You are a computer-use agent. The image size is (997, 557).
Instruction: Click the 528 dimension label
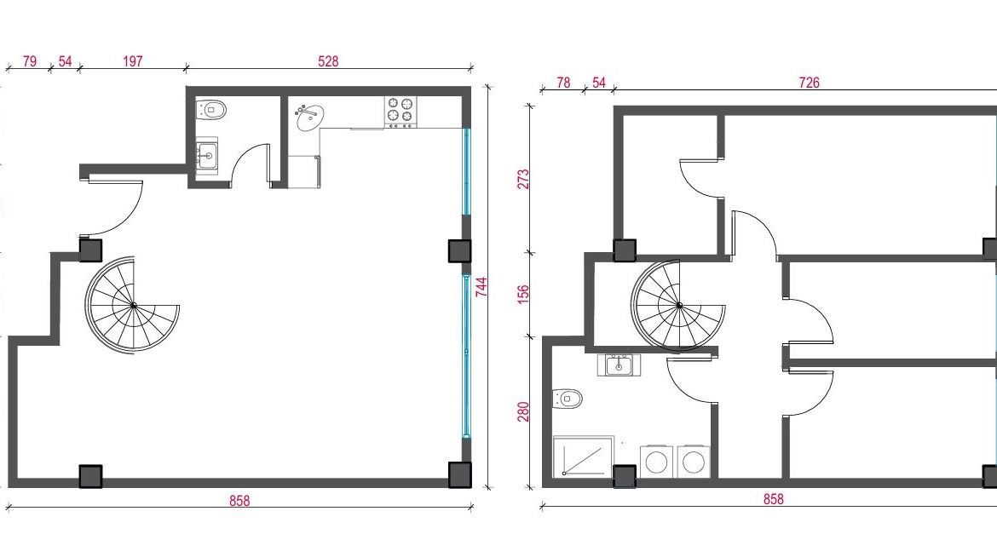pos(328,61)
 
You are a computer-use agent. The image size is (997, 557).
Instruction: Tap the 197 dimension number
pos(132,61)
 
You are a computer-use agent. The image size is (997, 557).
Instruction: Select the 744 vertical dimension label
pos(481,286)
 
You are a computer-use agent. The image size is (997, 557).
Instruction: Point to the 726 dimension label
pos(809,82)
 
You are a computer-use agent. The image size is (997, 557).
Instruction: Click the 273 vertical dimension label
pos(523,180)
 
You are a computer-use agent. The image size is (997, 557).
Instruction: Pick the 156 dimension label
pos(523,294)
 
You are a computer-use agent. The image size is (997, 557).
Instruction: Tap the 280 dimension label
pos(523,411)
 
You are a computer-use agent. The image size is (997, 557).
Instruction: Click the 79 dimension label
pos(29,61)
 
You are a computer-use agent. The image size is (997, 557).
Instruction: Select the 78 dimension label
pos(563,82)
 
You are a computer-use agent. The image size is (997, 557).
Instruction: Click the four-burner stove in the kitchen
pos(401,111)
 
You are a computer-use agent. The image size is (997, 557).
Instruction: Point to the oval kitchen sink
pos(309,118)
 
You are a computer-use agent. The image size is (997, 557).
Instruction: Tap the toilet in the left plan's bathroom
pos(211,110)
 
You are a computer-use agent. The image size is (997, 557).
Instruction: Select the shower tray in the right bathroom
pos(584,456)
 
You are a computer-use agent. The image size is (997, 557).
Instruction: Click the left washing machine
pos(657,461)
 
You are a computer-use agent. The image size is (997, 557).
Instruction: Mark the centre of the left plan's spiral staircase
pos(134,306)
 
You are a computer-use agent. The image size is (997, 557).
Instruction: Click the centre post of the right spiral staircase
pos(680,306)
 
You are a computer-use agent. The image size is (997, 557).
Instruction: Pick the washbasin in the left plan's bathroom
pos(207,155)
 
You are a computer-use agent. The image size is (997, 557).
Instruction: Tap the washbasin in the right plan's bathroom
pos(619,365)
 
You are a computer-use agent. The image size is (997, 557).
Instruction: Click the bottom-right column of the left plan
pos(459,474)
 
